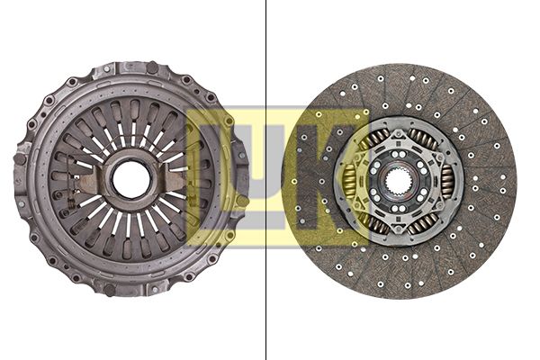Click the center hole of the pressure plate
pyautogui.click(x=131, y=179)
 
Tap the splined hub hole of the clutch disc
pyautogui.click(x=399, y=179)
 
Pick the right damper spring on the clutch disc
pyautogui.click(x=447, y=180)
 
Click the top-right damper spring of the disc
pyautogui.click(x=423, y=139)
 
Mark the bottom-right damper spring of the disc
pyautogui.click(x=423, y=221)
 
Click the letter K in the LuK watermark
pyautogui.click(x=335, y=177)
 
